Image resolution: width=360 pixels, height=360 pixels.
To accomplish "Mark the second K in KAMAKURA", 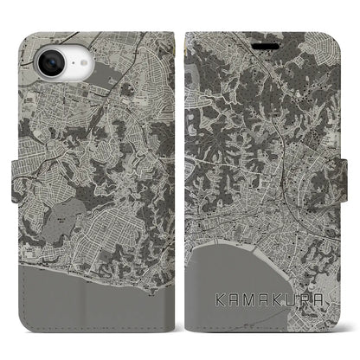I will point(281,303).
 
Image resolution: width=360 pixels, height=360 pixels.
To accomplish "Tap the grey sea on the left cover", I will point(87,303).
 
